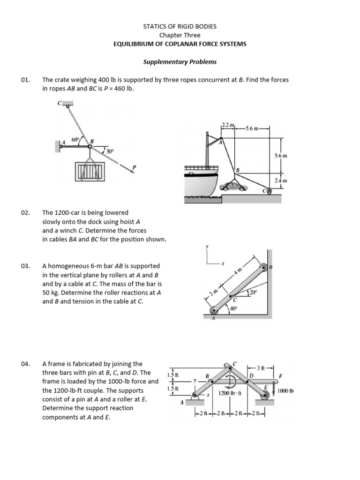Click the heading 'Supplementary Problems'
pos(180,61)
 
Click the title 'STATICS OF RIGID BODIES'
pos(180,26)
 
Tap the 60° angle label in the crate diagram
pos(75,140)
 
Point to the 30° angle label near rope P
pos(110,151)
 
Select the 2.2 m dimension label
pos(227,125)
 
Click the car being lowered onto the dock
pos(234,187)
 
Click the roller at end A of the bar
pos(214,310)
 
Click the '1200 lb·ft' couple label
pos(230,394)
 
